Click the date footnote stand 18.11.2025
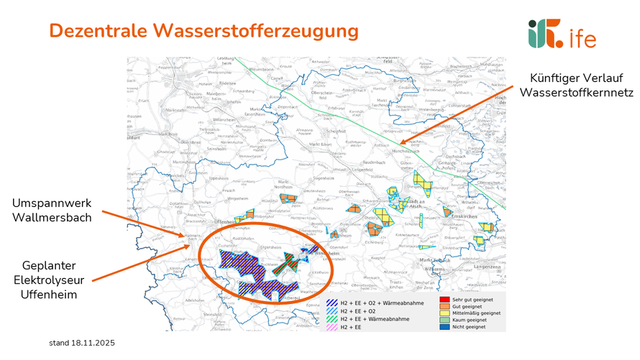(x=81, y=344)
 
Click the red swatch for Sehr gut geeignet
(x=444, y=298)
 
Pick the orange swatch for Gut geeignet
(x=444, y=306)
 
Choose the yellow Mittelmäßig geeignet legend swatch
(x=444, y=313)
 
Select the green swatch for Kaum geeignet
(x=444, y=320)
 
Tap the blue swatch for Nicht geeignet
(x=444, y=328)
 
